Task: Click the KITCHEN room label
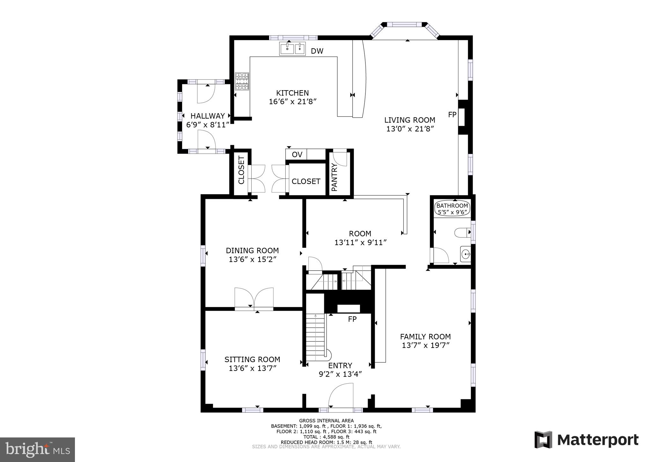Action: pyautogui.click(x=292, y=93)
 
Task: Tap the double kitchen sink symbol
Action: pyautogui.click(x=292, y=49)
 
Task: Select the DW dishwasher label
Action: pyautogui.click(x=317, y=51)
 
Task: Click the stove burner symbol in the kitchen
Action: pyautogui.click(x=242, y=82)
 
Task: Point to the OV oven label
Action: pyautogui.click(x=297, y=155)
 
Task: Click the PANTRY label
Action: pyautogui.click(x=334, y=177)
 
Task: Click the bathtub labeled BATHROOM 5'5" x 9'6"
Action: pyautogui.click(x=452, y=209)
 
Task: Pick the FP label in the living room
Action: pyautogui.click(x=452, y=115)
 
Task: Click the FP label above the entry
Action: pyautogui.click(x=352, y=319)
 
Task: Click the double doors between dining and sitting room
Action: pyautogui.click(x=254, y=298)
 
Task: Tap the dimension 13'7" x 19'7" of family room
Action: pyautogui.click(x=426, y=345)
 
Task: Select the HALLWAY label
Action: pyautogui.click(x=208, y=116)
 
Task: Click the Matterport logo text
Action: pyautogui.click(x=598, y=440)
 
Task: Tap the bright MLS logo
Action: pyautogui.click(x=37, y=450)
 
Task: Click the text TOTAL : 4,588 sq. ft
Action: pyautogui.click(x=326, y=437)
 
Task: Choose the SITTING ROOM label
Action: pyautogui.click(x=252, y=359)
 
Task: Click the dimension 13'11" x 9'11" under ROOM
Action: pyautogui.click(x=360, y=243)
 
